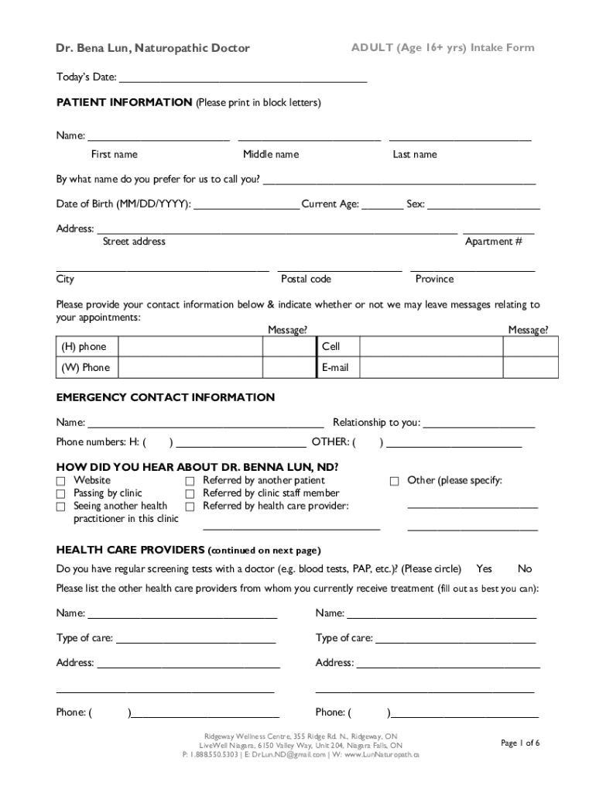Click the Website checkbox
[x=60, y=481]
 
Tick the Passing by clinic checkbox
[x=60, y=493]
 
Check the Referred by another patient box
[x=190, y=481]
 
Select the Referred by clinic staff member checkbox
[x=190, y=493]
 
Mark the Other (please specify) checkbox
[x=395, y=481]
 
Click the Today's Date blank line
[x=242, y=77]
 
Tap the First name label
[x=114, y=154]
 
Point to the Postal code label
[x=306, y=279]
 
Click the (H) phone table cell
[x=85, y=347]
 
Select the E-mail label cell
[x=335, y=367]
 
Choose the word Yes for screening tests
[x=484, y=568]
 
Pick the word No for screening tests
[x=525, y=568]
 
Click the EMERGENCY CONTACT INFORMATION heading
[x=165, y=397]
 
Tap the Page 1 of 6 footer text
[x=520, y=743]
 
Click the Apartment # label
[x=493, y=242]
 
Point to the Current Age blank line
[x=382, y=204]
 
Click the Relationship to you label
[x=376, y=422]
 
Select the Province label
[x=434, y=279]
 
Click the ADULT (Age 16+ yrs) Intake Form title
[x=443, y=48]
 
